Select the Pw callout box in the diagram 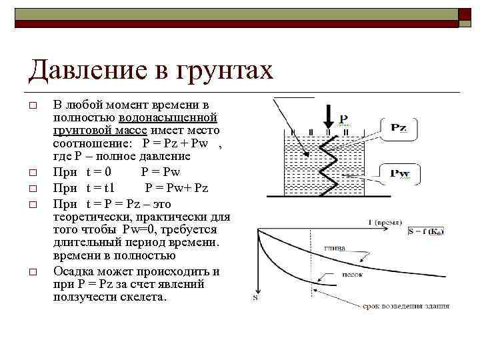click(x=399, y=174)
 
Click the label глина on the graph click(x=335, y=249)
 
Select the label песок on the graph click(x=351, y=273)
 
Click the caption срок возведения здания click(x=405, y=307)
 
